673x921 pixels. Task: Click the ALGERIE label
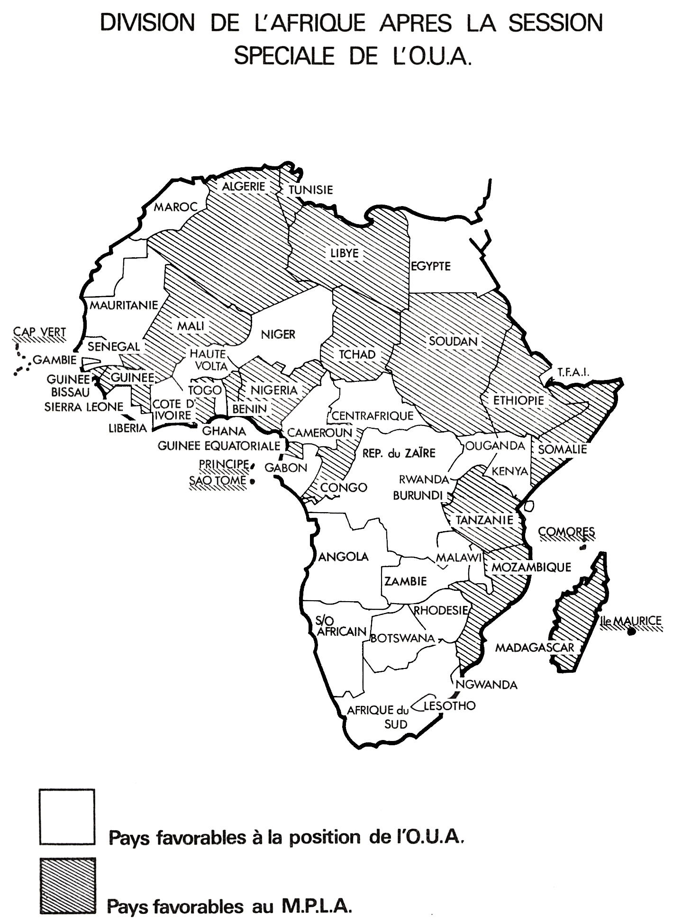243,186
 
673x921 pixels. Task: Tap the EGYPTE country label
431,266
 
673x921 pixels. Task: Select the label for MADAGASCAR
535,648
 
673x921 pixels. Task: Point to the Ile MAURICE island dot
631,632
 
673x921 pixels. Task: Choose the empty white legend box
67,816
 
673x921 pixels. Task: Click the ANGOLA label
344,557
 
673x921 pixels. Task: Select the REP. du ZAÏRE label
399,453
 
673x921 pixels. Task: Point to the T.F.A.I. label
573,372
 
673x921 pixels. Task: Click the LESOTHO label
449,706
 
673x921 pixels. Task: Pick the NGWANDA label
486,685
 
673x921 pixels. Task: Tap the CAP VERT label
39,332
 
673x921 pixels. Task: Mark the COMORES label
566,532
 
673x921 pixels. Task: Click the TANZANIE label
484,520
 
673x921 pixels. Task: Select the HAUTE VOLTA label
208,360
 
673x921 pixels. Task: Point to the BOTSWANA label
402,638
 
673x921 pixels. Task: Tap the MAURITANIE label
124,305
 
